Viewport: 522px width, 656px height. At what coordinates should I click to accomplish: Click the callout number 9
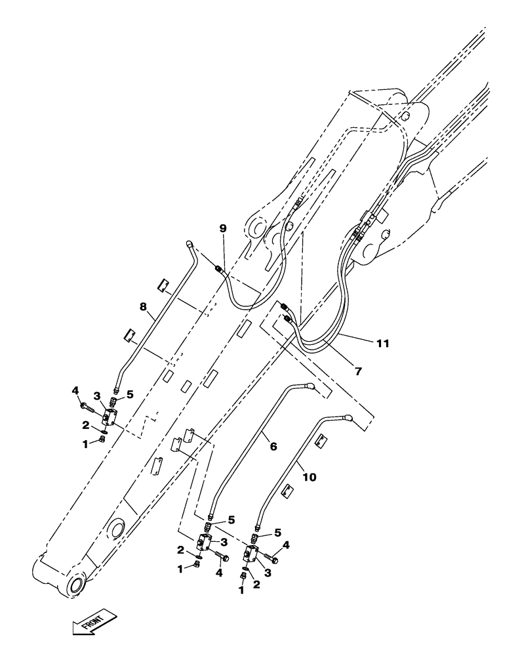tap(222, 228)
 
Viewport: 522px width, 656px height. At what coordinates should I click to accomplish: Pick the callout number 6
tap(273, 446)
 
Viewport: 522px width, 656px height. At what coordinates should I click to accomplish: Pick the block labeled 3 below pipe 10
tap(252, 552)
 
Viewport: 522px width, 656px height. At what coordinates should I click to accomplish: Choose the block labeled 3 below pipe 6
tap(203, 541)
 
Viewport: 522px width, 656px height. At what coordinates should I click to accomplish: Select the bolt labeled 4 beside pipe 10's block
tap(271, 560)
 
